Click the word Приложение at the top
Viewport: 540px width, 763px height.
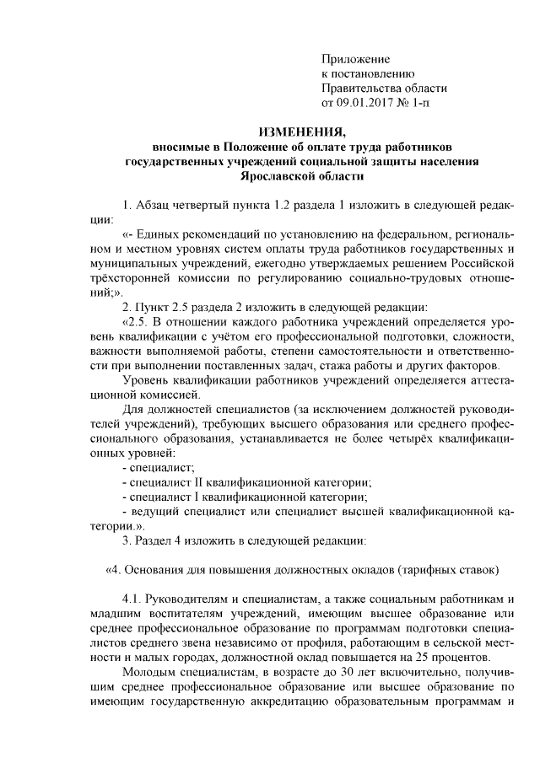tap(356, 59)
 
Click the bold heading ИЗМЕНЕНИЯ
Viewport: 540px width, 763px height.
tap(301, 132)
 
